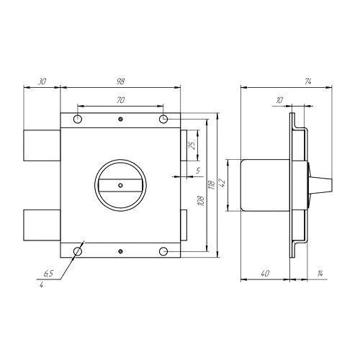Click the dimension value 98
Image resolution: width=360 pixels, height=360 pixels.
pyautogui.click(x=120, y=81)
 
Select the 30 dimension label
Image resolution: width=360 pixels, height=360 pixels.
pyautogui.click(x=42, y=81)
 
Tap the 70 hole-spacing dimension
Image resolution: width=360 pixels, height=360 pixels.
pyautogui.click(x=120, y=100)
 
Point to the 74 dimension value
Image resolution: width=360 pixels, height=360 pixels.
pyautogui.click(x=308, y=81)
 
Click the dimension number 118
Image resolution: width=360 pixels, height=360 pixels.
pyautogui.click(x=212, y=185)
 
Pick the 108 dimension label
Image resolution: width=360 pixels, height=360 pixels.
pyautogui.click(x=200, y=201)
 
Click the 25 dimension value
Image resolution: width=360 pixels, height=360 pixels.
pyautogui.click(x=193, y=145)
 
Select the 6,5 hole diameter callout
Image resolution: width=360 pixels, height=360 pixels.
pyautogui.click(x=48, y=274)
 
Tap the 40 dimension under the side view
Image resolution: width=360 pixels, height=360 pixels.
pyautogui.click(x=264, y=274)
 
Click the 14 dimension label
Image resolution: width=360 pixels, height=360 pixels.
pyautogui.click(x=320, y=274)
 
